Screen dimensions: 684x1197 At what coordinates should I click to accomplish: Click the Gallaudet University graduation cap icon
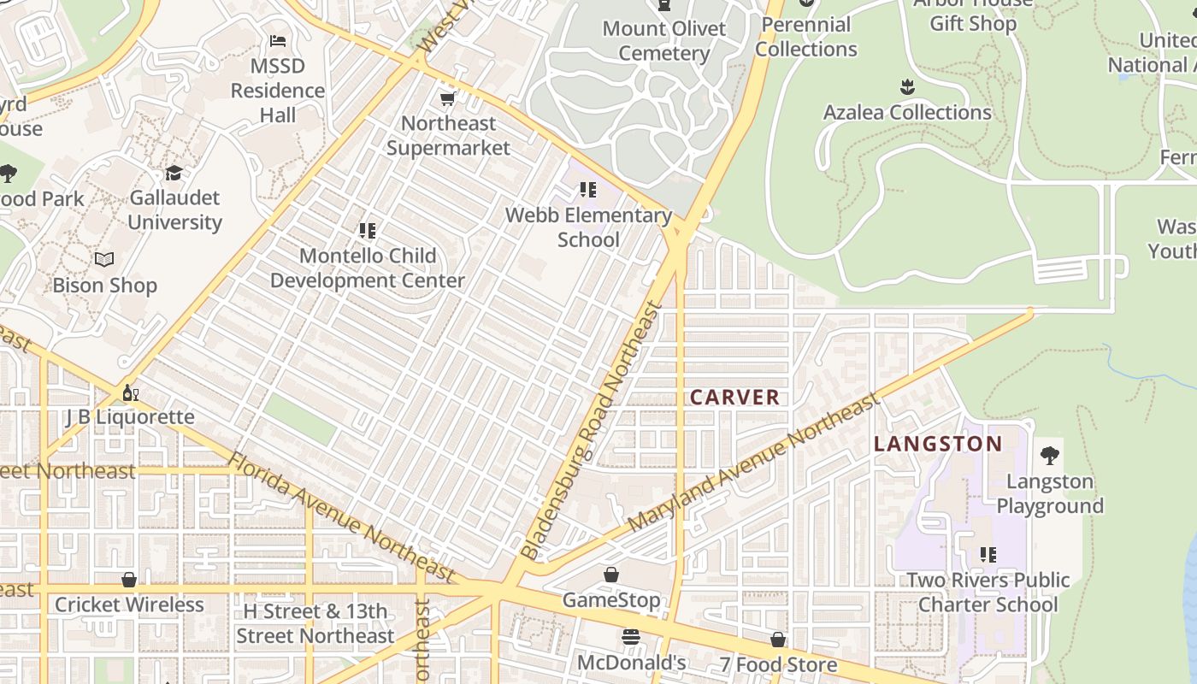point(174,174)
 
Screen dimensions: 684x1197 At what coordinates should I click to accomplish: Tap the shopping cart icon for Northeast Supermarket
point(447,99)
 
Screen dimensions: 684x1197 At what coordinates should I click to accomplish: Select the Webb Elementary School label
point(588,227)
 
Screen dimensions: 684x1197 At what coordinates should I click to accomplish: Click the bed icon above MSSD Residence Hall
point(278,41)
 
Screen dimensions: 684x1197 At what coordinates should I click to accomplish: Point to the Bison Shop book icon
point(104,260)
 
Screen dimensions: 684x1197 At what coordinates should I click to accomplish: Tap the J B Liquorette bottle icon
point(130,392)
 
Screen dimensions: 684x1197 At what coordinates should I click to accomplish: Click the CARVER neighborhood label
point(734,398)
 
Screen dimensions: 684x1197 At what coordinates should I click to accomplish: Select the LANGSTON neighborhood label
point(938,444)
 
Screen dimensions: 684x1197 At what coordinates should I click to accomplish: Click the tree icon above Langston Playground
point(1050,456)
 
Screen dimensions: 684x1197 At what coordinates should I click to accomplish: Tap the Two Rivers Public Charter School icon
point(988,555)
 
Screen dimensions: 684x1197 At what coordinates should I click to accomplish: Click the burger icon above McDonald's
point(631,638)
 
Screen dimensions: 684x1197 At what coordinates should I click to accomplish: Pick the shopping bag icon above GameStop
point(611,575)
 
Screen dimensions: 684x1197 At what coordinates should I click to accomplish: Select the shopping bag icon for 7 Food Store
point(778,640)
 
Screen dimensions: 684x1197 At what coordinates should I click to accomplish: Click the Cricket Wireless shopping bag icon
point(129,580)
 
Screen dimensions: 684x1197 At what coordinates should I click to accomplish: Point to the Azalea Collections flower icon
point(907,87)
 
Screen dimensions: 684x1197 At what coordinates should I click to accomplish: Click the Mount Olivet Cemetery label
point(664,40)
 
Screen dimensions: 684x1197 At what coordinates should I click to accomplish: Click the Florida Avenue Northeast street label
point(342,517)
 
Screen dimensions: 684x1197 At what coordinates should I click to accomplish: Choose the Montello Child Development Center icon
point(368,231)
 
